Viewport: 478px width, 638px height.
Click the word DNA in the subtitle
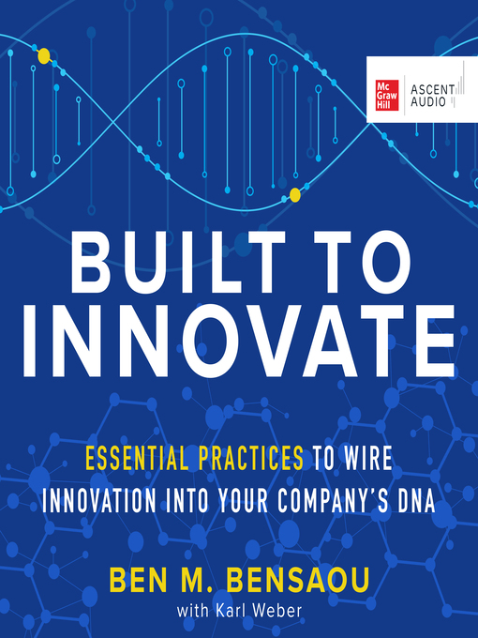tap(416, 498)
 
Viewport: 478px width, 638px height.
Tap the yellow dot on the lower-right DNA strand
tap(295, 195)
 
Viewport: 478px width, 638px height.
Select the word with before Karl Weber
tap(192, 609)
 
